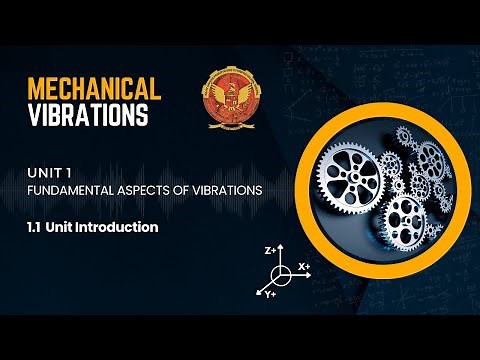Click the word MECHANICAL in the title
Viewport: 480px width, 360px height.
(93, 87)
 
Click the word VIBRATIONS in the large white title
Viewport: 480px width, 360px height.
(88, 115)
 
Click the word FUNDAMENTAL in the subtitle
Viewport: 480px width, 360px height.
(66, 188)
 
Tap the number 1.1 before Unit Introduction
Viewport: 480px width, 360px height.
(36, 227)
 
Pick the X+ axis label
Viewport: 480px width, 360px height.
(304, 267)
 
